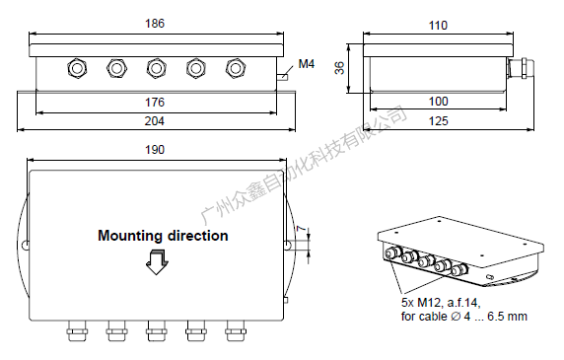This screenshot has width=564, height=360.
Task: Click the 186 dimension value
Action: click(155, 24)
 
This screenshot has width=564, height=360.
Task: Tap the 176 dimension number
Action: click(155, 103)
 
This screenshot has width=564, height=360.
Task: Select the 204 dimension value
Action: click(155, 121)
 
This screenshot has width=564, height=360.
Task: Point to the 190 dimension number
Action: click(155, 150)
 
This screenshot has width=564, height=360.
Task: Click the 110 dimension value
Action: click(438, 26)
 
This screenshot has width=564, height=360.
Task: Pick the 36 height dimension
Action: click(339, 68)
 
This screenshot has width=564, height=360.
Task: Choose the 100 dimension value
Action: click(439, 102)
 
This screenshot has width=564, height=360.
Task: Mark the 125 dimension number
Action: click(439, 121)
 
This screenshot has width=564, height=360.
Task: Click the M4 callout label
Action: click(307, 64)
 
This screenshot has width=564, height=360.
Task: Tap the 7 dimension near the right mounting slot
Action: click(301, 229)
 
